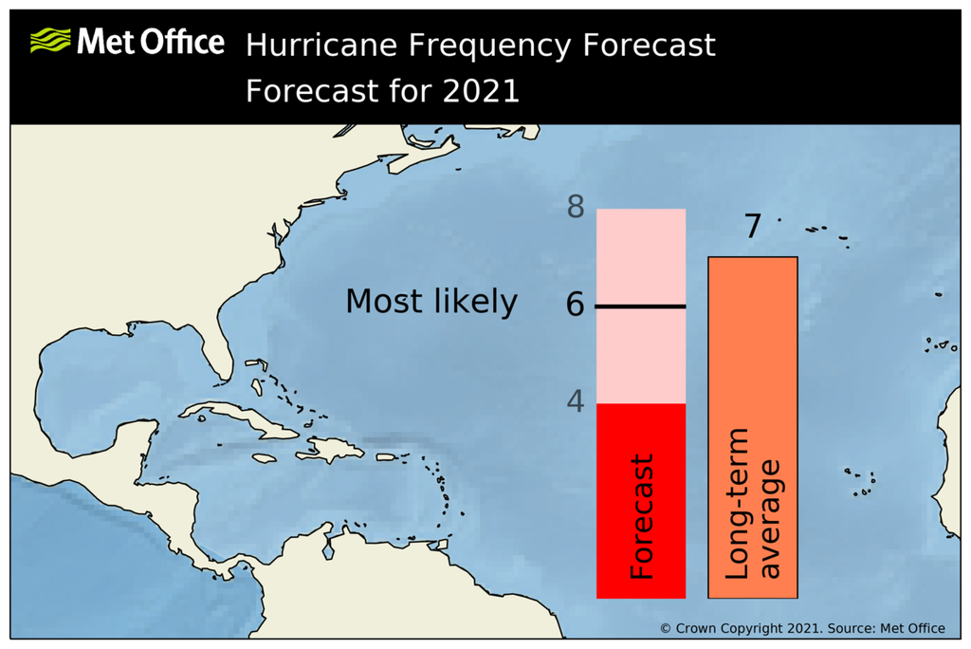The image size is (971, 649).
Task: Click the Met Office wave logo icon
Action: [x=50, y=40]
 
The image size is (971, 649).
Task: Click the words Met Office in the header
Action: [x=150, y=42]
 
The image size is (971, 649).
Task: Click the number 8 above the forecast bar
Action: [x=576, y=208]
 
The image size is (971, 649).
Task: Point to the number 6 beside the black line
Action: [x=576, y=306]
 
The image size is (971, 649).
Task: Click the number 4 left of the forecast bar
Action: [x=576, y=401]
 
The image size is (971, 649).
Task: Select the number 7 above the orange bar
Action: [x=752, y=228]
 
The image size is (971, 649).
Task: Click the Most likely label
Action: [x=431, y=302]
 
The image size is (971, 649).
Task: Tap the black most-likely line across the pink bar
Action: [x=641, y=306]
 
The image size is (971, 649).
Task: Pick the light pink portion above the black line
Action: [x=641, y=256]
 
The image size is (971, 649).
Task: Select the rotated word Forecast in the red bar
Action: [x=643, y=518]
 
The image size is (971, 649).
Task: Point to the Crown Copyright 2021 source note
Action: [x=802, y=628]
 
